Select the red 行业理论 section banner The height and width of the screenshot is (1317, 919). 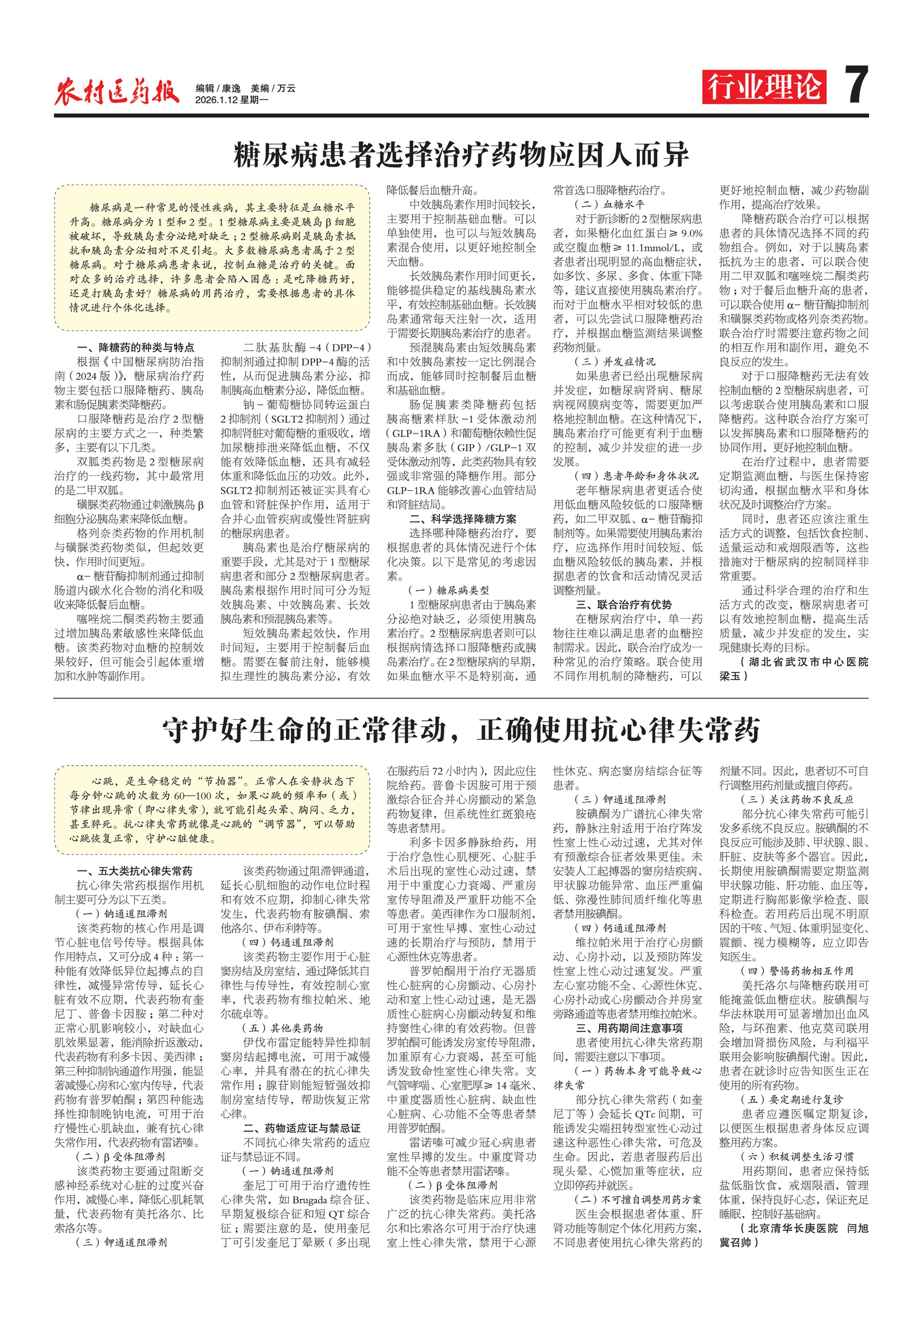pyautogui.click(x=764, y=87)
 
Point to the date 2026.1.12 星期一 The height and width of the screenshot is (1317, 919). pyautogui.click(x=232, y=100)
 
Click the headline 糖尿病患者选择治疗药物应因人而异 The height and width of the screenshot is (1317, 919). pyautogui.click(x=461, y=155)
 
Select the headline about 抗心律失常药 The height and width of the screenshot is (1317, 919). pyautogui.click(x=461, y=730)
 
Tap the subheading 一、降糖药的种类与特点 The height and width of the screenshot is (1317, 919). pyautogui.click(x=135, y=347)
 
